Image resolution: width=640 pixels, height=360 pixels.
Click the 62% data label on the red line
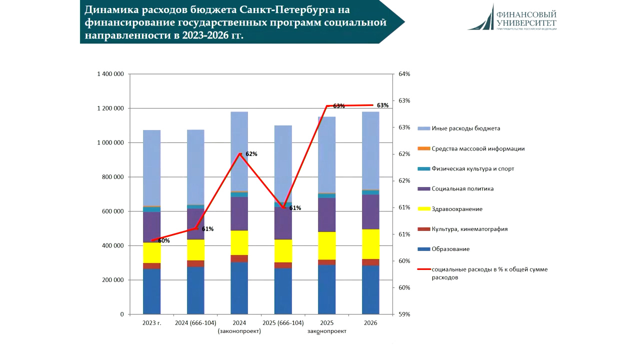tap(251, 154)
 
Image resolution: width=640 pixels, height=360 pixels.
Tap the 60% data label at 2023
tap(163, 240)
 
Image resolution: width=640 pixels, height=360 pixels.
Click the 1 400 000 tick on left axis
tap(110, 74)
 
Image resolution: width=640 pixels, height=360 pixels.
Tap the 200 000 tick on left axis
tap(113, 280)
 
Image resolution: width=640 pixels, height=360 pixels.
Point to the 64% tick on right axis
tap(404, 74)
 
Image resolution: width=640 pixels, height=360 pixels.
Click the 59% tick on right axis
tap(404, 314)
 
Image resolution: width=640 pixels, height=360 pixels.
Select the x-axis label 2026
tap(370, 323)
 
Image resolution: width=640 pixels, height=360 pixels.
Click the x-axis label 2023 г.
tap(151, 323)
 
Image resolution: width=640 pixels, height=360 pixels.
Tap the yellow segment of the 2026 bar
tap(370, 244)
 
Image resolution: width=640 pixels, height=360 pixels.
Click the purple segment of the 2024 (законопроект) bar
tap(239, 213)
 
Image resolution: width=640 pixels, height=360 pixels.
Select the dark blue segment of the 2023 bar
tap(151, 291)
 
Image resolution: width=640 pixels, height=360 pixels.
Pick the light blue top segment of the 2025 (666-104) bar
tap(283, 163)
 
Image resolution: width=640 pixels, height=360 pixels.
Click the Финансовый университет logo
tap(511, 17)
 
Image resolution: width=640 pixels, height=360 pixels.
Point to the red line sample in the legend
tap(424, 269)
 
